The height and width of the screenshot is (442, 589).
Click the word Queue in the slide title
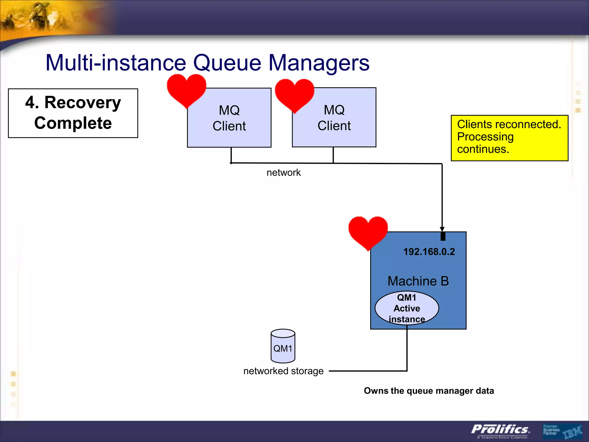point(227,63)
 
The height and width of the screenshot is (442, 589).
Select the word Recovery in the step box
point(83,103)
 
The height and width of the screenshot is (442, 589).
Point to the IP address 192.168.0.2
point(429,252)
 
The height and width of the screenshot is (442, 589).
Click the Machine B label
point(418,281)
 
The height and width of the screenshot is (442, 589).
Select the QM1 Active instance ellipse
point(407,308)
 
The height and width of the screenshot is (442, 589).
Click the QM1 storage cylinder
point(283,346)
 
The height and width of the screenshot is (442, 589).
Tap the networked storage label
point(283,371)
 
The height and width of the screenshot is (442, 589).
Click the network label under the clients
point(283,173)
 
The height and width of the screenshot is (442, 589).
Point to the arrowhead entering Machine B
point(442,229)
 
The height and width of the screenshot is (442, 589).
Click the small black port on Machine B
point(443,236)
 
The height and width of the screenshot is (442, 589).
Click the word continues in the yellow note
point(483,149)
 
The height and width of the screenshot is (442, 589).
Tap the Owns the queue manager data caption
point(429,391)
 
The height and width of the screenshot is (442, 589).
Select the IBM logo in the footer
point(572,432)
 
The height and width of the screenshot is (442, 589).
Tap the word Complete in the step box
point(73,123)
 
